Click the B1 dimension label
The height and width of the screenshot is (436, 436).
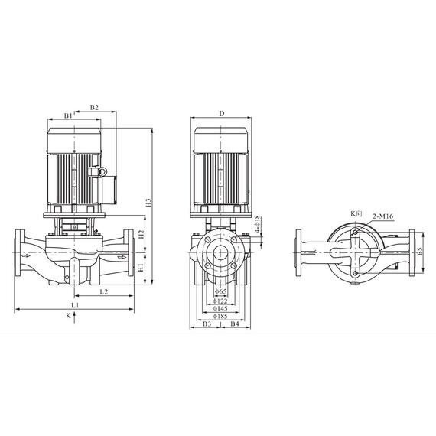pyautogui.click(x=67, y=116)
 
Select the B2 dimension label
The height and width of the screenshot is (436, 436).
pyautogui.click(x=94, y=108)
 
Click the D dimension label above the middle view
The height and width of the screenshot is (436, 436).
pyautogui.click(x=221, y=113)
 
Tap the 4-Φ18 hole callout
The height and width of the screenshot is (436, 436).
pyautogui.click(x=258, y=227)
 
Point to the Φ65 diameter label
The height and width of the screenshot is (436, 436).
pyautogui.click(x=221, y=292)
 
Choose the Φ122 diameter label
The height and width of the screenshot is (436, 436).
pyautogui.click(x=221, y=301)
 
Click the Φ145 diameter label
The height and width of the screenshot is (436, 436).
pyautogui.click(x=221, y=308)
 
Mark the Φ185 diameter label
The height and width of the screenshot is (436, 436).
pyautogui.click(x=221, y=316)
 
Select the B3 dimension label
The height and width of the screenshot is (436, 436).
pyautogui.click(x=207, y=325)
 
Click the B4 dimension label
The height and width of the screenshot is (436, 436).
pyautogui.click(x=236, y=325)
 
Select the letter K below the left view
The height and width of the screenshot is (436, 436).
pyautogui.click(x=68, y=314)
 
